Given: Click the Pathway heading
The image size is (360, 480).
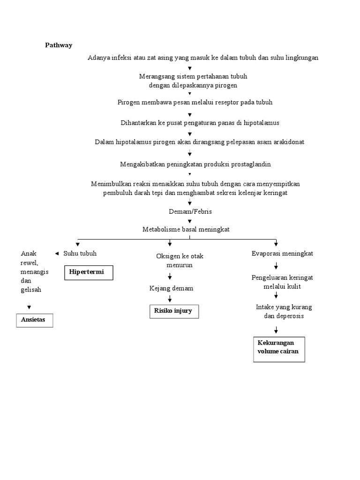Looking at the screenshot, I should pos(59,45).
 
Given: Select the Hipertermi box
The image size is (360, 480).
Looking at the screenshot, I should pos(89,272).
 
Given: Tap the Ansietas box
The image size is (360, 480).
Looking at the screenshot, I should pos(35,320).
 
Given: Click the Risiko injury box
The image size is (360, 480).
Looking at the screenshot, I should pos(173,311).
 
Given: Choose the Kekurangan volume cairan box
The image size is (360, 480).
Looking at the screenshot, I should pos(279,348).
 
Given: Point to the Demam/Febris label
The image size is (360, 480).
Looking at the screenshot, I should pos(190,211).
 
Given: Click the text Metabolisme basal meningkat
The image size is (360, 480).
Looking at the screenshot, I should pos(186,229).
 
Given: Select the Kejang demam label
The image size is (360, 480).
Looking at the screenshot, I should pos(171,288).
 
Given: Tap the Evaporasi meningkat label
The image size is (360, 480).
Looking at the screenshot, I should pos(282,254).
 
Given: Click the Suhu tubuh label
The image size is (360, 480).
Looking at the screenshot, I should pos(80,254).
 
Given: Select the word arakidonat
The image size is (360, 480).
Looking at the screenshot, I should pos(287,142).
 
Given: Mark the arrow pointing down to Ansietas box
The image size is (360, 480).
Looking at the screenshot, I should pos(29,307).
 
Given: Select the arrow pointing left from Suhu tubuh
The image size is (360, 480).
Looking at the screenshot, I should pos(57,254).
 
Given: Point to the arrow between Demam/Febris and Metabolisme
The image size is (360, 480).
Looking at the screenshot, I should pos(190,221).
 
